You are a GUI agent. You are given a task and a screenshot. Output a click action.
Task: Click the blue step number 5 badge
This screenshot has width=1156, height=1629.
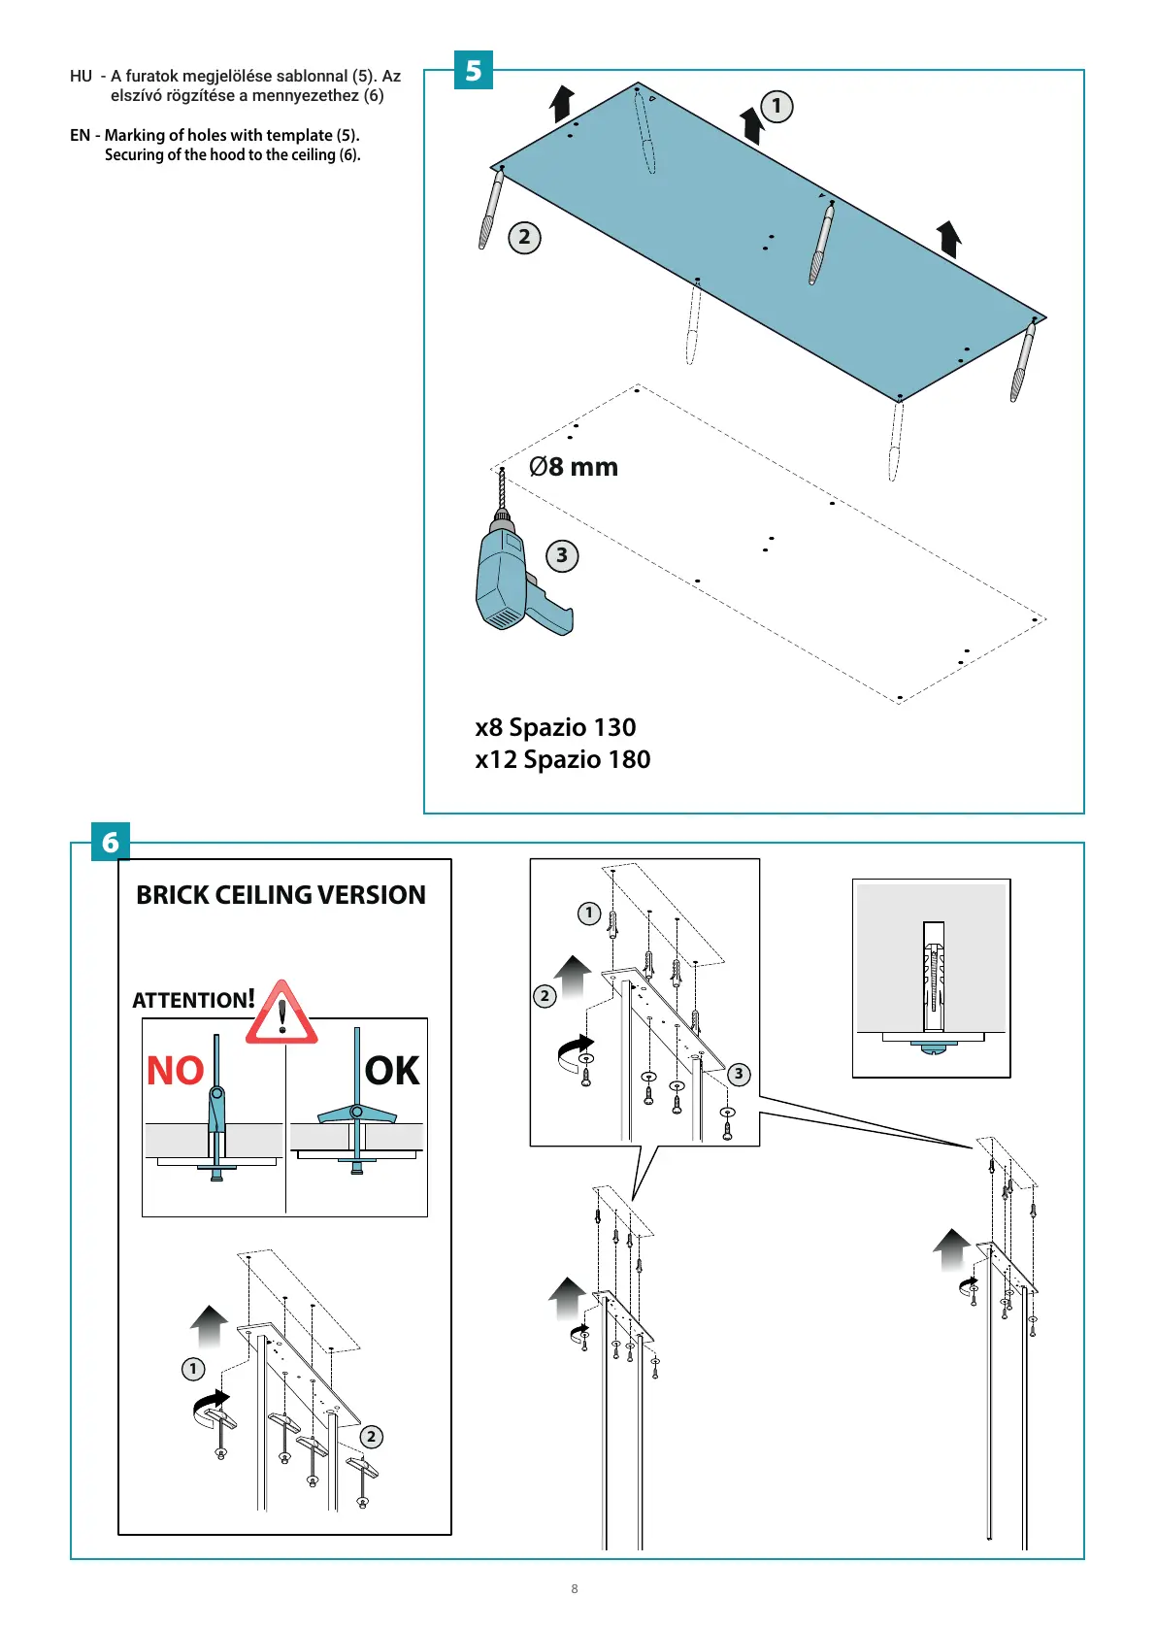pyautogui.click(x=474, y=71)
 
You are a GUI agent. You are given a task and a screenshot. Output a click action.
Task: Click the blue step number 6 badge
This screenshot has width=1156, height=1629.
pyautogui.click(x=110, y=842)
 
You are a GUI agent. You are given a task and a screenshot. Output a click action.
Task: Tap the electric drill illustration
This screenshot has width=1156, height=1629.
pyautogui.click(x=514, y=579)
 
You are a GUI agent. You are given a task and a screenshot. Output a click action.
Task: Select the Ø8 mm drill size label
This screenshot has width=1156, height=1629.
pyautogui.click(x=574, y=467)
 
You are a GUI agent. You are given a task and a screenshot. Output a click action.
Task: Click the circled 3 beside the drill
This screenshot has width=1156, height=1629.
pyautogui.click(x=562, y=556)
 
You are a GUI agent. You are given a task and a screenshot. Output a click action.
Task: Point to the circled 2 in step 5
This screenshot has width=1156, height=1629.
pyautogui.click(x=524, y=238)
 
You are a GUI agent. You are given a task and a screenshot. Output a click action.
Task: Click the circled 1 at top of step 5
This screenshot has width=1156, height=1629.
pyautogui.click(x=776, y=106)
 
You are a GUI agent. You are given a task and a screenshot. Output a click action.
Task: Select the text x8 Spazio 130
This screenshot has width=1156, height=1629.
pyautogui.click(x=555, y=727)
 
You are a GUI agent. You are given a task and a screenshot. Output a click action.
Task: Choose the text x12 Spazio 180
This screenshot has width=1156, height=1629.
pyautogui.click(x=563, y=759)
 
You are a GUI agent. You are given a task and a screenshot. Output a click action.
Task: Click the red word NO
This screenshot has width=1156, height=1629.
pyautogui.click(x=175, y=1071)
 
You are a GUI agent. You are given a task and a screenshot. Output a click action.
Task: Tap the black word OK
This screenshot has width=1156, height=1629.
pyautogui.click(x=392, y=1071)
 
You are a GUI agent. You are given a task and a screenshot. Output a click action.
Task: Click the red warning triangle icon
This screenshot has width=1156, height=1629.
pyautogui.click(x=281, y=1014)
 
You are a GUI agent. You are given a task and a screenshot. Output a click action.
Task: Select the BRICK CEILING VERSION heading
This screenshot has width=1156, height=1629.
pyautogui.click(x=281, y=895)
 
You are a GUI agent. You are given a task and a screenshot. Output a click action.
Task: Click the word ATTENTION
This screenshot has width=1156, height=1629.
pyautogui.click(x=190, y=1000)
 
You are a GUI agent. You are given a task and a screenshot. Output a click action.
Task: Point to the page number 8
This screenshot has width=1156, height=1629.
pyautogui.click(x=575, y=1589)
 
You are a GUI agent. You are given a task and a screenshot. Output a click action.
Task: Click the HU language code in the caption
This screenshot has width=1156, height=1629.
pyautogui.click(x=81, y=76)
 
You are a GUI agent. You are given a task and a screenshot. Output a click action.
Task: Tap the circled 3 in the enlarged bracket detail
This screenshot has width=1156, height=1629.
pyautogui.click(x=739, y=1074)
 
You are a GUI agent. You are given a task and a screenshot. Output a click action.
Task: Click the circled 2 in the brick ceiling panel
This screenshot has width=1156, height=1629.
pyautogui.click(x=371, y=1437)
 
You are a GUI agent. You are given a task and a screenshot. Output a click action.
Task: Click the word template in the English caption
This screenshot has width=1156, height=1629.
pyautogui.click(x=300, y=135)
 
